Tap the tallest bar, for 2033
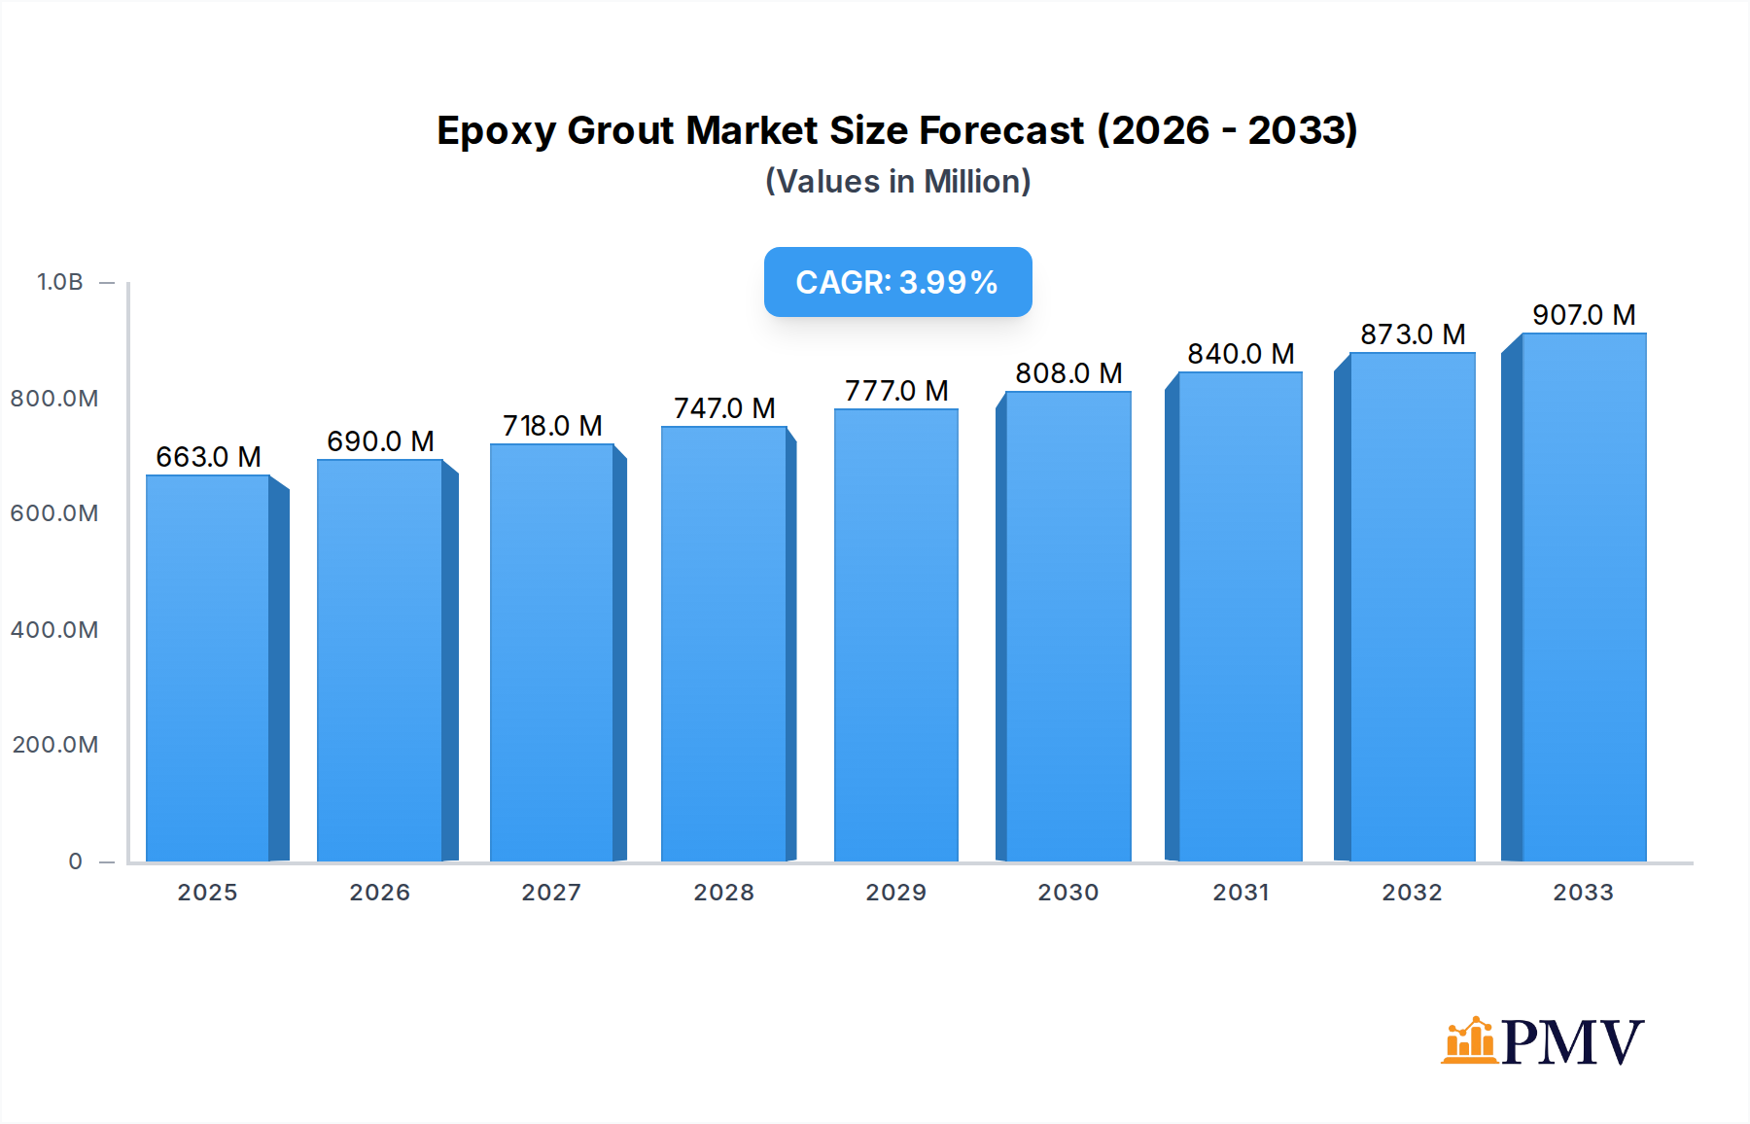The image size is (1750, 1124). click(1584, 597)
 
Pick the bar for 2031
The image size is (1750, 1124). click(1240, 616)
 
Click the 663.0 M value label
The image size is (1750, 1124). click(208, 457)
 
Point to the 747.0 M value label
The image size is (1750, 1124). click(724, 408)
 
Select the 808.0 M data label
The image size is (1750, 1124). click(1068, 373)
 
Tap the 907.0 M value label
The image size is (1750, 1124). click(1584, 315)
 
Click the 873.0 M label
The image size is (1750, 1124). click(1413, 334)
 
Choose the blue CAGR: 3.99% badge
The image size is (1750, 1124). click(897, 282)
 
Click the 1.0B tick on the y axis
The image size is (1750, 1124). click(60, 282)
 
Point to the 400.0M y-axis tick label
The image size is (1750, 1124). click(54, 630)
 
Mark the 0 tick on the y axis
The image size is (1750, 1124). click(75, 861)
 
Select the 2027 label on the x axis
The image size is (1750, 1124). click(551, 893)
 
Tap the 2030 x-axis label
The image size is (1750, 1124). click(1067, 893)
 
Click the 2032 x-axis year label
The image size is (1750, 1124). click(1412, 893)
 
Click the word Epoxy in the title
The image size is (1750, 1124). click(496, 131)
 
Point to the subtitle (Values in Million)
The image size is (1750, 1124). click(897, 182)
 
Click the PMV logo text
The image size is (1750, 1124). click(1572, 1042)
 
